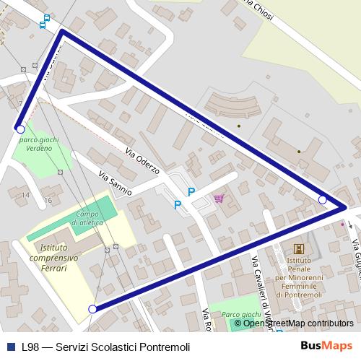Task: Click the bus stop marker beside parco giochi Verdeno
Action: (20, 129)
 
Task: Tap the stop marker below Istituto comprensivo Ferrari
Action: (92, 309)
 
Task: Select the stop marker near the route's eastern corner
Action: (323, 199)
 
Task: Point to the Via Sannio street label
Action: (115, 185)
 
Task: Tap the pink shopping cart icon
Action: (218, 199)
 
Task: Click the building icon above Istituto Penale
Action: (299, 249)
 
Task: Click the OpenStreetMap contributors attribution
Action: (298, 323)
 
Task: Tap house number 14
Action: (25, 195)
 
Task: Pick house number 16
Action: (48, 200)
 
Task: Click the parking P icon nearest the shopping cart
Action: (191, 192)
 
